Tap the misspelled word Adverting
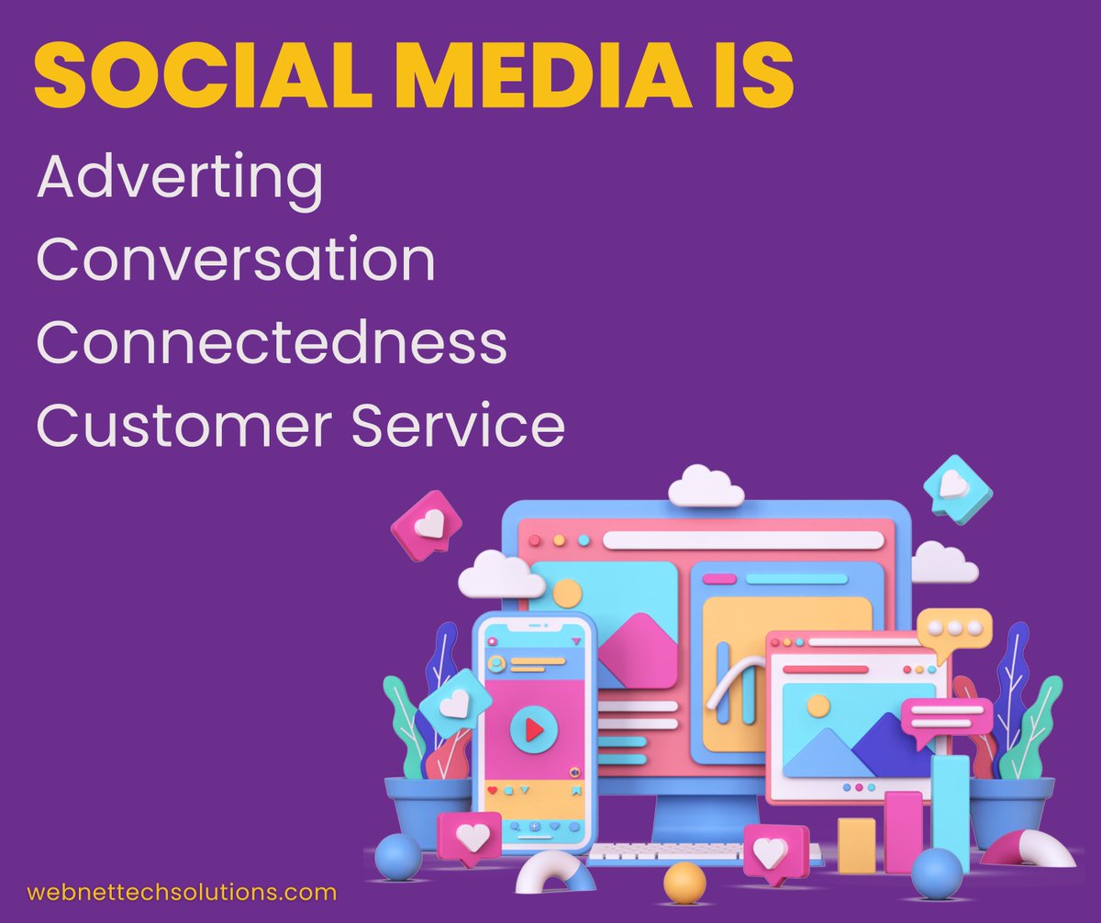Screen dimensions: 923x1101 pyautogui.click(x=179, y=181)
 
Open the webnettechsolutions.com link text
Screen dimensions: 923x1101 pyautogui.click(x=182, y=892)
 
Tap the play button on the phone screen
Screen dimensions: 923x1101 pyautogui.click(x=534, y=729)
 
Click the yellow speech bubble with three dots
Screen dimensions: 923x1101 pyautogui.click(x=955, y=629)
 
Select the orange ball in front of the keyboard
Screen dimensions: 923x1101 pyautogui.click(x=684, y=883)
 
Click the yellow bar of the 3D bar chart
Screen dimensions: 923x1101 pyautogui.click(x=856, y=844)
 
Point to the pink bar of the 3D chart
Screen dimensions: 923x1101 pyautogui.click(x=903, y=831)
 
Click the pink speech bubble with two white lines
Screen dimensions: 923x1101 pyautogui.click(x=945, y=717)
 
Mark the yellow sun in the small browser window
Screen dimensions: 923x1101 pyautogui.click(x=817, y=706)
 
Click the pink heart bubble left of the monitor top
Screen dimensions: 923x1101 pyautogui.click(x=427, y=527)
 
